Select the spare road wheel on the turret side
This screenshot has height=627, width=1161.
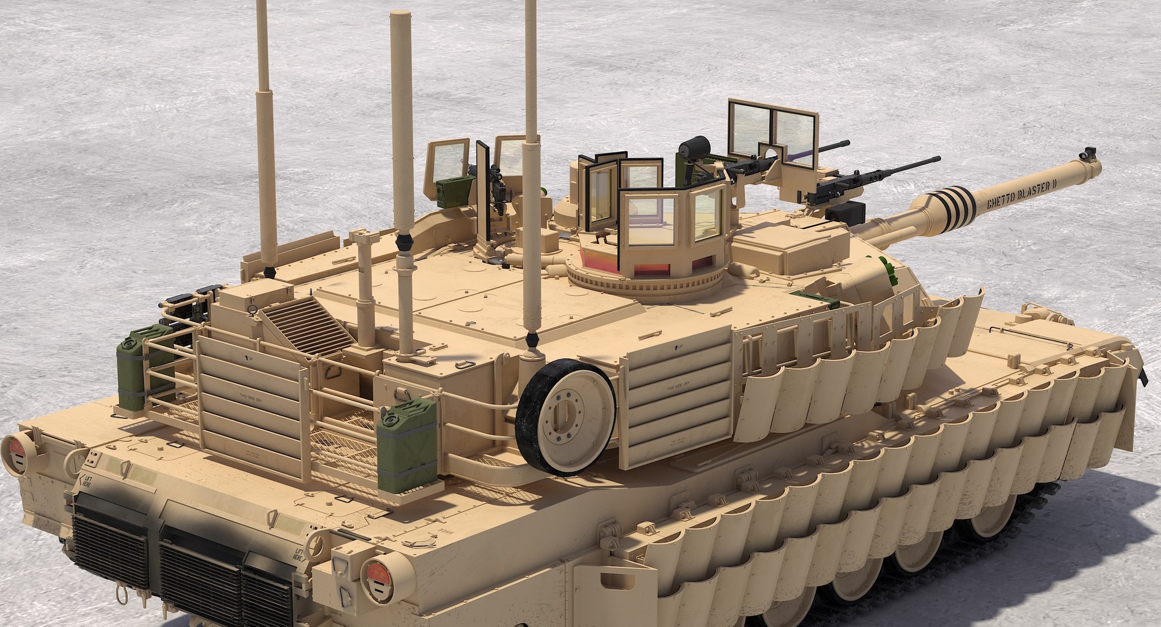click(566, 417)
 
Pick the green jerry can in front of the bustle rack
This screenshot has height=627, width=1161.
click(407, 445)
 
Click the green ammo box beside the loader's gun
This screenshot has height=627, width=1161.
click(451, 192)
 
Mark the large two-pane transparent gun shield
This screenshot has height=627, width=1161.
click(772, 136)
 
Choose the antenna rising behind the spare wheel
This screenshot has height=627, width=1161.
click(531, 175)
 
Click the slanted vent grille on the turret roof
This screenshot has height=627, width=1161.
click(307, 327)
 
